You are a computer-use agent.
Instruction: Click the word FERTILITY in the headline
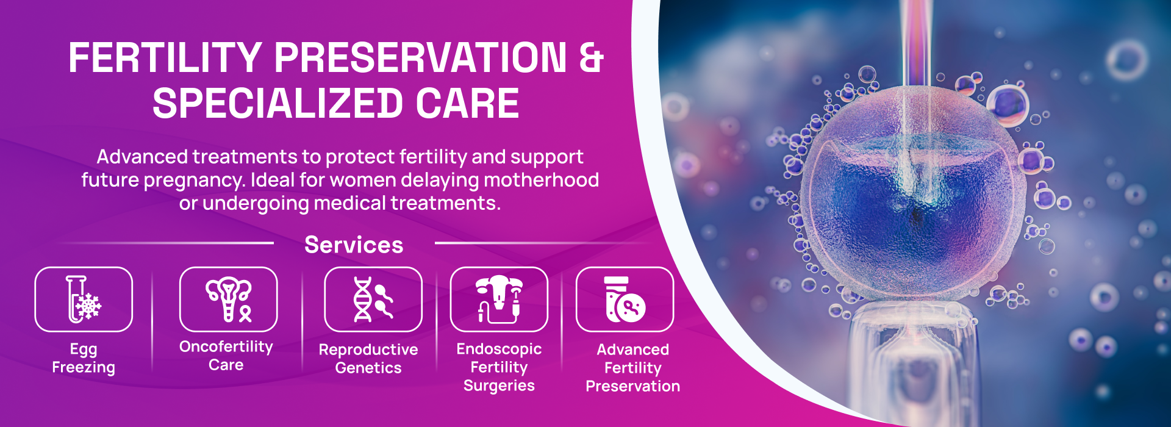point(165,58)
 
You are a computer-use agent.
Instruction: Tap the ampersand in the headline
point(590,58)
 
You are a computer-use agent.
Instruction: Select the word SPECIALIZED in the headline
point(278,103)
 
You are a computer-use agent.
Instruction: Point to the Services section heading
point(354,245)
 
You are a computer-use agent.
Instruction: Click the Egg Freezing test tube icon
point(84,299)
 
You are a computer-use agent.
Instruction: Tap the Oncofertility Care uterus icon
point(229,299)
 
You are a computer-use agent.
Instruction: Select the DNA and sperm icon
point(373,299)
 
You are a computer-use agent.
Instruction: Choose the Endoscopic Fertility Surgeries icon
point(499,299)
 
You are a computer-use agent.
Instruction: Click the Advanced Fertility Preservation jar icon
point(625,299)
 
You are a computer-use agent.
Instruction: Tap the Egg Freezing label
point(84,358)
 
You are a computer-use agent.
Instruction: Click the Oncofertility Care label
point(226,356)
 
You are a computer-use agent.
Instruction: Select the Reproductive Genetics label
point(368,358)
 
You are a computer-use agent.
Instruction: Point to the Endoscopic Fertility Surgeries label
point(499,367)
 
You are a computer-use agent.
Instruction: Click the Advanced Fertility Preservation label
point(632,367)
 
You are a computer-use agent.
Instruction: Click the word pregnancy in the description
point(193,181)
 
